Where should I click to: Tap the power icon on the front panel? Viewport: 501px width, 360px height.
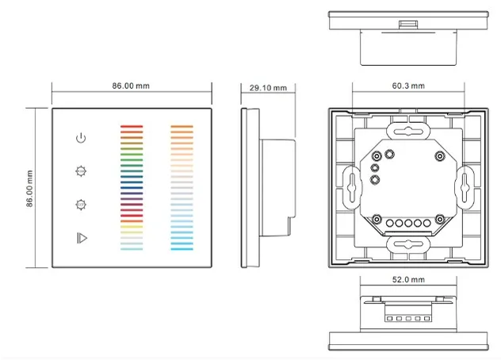tap(79, 138)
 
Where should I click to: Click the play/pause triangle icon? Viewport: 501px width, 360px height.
tap(79, 236)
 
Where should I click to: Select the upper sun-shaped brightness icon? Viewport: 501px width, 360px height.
tap(79, 170)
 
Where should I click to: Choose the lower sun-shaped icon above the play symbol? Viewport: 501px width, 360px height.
tap(79, 204)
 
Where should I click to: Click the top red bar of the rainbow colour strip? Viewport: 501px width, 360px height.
tap(130, 125)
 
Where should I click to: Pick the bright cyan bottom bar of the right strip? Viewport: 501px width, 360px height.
tap(182, 248)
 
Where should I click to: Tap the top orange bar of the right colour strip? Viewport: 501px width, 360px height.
tap(182, 125)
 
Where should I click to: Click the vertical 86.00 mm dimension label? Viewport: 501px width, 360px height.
tap(29, 188)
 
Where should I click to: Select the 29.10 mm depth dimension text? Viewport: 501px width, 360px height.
tap(268, 87)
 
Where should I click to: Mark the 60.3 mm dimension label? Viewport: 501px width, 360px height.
tap(407, 86)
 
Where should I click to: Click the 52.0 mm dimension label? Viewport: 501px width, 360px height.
tap(407, 280)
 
